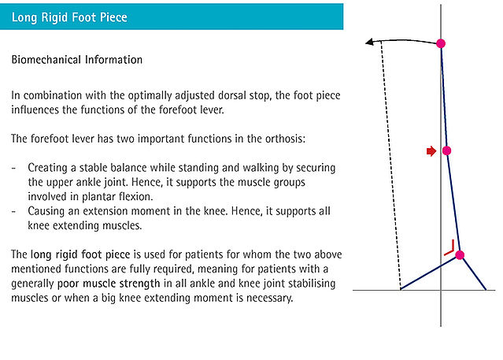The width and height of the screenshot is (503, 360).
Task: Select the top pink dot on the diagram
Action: pyautogui.click(x=441, y=43)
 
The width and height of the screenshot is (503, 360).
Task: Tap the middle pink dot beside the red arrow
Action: pyautogui.click(x=446, y=150)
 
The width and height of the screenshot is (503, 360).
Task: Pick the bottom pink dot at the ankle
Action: pyautogui.click(x=460, y=255)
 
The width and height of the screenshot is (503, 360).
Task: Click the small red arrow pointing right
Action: pyautogui.click(x=431, y=151)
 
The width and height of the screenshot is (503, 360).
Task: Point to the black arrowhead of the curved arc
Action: pyautogui.click(x=369, y=42)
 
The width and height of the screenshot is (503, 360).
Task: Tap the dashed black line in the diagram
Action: pyautogui.click(x=390, y=165)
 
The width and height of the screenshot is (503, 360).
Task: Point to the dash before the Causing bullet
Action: pyautogui.click(x=13, y=212)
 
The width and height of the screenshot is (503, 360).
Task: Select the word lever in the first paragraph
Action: pyautogui.click(x=211, y=110)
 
